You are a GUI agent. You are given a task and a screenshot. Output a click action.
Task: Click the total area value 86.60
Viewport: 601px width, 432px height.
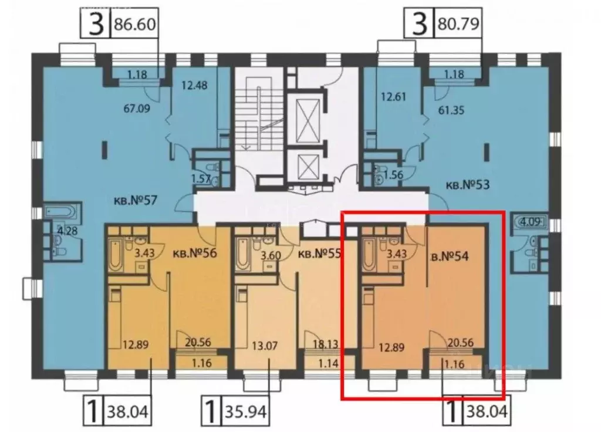pos(136,26)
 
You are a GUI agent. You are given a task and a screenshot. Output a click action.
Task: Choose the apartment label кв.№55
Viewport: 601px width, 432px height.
pos(320,254)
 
